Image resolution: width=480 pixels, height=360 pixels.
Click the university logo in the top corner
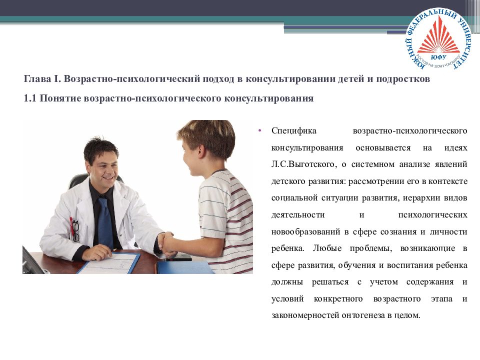pos(439,40)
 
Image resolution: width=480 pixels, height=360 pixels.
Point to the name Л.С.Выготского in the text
pos(299,164)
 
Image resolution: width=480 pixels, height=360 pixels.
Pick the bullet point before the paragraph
pos(259,131)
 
